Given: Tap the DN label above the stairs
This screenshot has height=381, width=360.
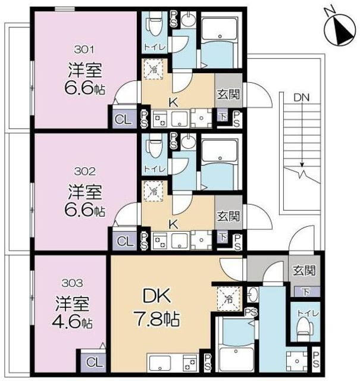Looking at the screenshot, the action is (302, 98).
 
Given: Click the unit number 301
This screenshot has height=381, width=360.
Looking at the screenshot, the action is (84, 50).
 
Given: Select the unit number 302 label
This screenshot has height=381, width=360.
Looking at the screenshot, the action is (84, 171).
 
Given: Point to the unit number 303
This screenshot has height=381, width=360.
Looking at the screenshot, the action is (72, 283).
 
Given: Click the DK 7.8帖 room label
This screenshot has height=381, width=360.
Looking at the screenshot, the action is (157, 307).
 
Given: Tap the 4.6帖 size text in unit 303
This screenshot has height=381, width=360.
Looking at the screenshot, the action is (72, 323).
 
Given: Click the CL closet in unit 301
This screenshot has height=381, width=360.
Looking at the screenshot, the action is (123, 119).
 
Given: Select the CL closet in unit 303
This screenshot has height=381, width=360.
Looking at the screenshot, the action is (93, 363).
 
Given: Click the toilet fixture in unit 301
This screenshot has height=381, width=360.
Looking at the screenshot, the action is (152, 24).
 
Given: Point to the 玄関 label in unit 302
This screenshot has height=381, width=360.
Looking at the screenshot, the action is (228, 216).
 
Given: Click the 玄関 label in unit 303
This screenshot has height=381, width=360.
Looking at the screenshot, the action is (305, 270).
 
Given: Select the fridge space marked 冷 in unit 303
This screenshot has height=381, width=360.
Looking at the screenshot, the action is (228, 299).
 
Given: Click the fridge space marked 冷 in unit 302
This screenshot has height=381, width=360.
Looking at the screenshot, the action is (154, 191).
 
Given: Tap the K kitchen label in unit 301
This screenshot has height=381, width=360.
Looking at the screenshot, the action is (173, 103).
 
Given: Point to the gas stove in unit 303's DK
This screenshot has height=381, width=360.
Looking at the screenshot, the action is (190, 363).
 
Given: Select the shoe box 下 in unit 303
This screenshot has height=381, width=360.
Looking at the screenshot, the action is (306, 292).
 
